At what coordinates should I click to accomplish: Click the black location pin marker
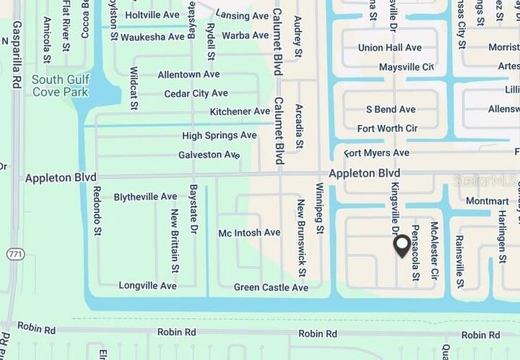402,247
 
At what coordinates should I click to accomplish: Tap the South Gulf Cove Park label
60,86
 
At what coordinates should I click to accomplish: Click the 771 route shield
15,254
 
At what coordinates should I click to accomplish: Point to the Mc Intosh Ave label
249,233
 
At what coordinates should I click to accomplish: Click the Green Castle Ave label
271,288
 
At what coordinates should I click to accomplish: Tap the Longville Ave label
147,286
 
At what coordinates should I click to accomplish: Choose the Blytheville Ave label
145,197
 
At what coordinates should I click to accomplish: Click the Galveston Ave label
209,155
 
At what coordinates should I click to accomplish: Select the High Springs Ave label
219,135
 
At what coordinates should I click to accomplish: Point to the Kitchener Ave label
240,111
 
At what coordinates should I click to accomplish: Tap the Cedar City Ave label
196,93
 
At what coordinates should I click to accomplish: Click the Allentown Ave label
188,74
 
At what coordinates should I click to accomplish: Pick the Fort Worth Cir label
387,129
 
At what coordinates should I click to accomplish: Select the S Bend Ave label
391,109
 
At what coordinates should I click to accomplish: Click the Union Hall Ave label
390,48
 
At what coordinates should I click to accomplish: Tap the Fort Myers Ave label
376,153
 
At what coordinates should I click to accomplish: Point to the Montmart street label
487,201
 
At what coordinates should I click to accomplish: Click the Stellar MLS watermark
485,180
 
